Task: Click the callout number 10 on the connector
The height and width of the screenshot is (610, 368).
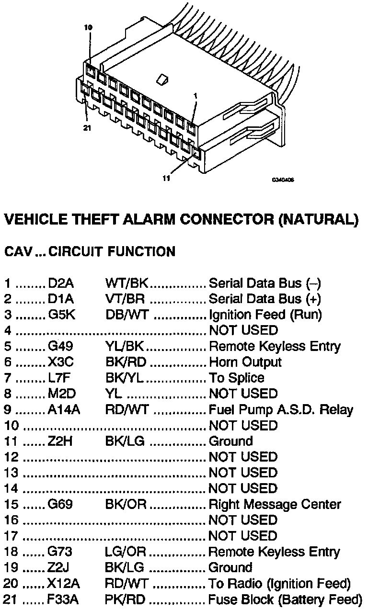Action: [x=88, y=28]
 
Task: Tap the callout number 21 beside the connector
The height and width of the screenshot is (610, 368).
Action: [x=87, y=128]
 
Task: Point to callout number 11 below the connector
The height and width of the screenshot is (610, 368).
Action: [x=166, y=178]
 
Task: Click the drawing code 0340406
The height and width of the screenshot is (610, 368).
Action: [x=283, y=181]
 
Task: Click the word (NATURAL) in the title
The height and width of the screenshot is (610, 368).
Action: [x=318, y=219]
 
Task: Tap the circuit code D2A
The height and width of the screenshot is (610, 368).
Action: [x=61, y=283]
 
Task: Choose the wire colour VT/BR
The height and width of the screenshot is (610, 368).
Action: [x=125, y=299]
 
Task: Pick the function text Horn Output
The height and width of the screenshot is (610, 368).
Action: [x=245, y=362]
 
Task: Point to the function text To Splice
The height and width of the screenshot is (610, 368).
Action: [x=236, y=378]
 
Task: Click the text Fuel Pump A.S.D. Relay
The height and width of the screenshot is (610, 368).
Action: [x=281, y=409]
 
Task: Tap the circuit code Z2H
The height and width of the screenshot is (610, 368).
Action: [x=60, y=441]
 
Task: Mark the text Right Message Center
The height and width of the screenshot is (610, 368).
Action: [x=275, y=504]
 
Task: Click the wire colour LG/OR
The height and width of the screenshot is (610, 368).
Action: [x=125, y=552]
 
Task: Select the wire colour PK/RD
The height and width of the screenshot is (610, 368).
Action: [x=125, y=599]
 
